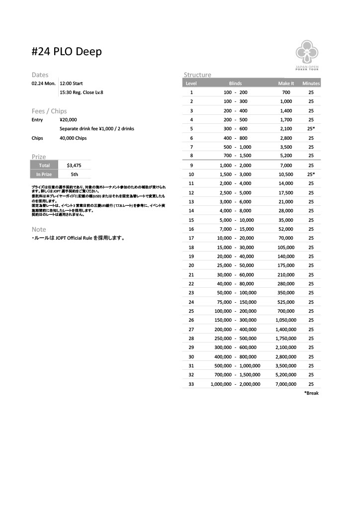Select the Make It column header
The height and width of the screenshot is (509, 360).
click(x=286, y=84)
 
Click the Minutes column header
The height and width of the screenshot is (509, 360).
click(x=311, y=84)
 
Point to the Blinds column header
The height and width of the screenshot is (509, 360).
click(x=235, y=84)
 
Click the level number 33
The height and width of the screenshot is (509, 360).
click(x=191, y=384)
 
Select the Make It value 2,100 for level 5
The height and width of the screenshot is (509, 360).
click(x=286, y=129)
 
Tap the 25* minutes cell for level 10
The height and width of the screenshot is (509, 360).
click(x=311, y=174)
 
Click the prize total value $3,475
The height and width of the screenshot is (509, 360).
click(x=74, y=165)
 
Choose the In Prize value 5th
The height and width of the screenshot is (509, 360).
click(x=74, y=174)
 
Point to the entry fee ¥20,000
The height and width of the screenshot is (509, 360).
click(x=68, y=120)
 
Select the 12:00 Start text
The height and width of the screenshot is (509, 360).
click(x=71, y=84)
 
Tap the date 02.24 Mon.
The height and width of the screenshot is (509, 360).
click(x=43, y=84)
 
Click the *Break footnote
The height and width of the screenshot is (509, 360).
click(x=311, y=393)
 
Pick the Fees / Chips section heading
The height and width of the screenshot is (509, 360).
click(x=49, y=111)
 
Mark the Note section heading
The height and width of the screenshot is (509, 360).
click(x=39, y=229)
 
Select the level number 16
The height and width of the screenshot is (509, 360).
click(x=191, y=229)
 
